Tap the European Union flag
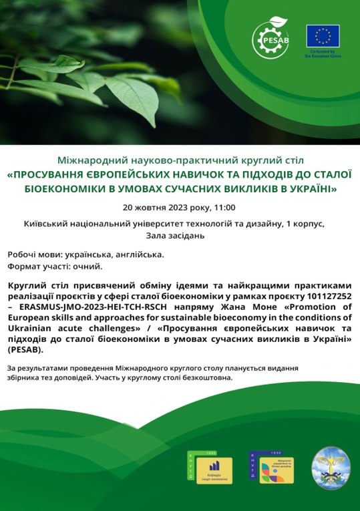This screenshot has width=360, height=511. [x=323, y=35]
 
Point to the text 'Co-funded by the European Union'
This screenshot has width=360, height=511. [x=323, y=54]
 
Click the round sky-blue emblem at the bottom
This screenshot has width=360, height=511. [x=331, y=466]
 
